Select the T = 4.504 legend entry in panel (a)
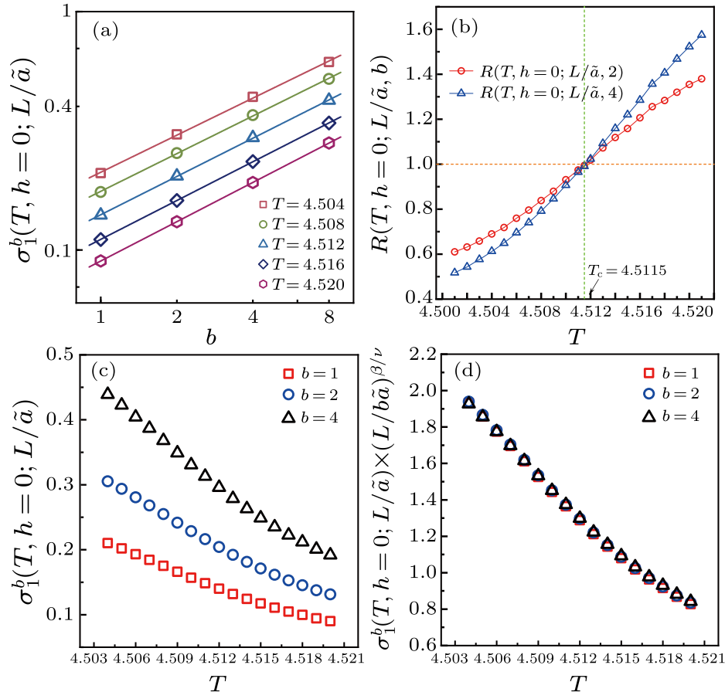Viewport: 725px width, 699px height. [x=302, y=204]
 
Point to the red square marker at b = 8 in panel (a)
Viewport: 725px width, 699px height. [x=328, y=62]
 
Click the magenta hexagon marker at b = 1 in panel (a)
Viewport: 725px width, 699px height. [x=100, y=261]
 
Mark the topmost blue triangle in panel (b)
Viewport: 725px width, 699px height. [x=702, y=35]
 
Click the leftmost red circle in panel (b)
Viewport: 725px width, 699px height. [x=454, y=252]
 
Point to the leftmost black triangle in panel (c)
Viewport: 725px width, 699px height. [x=108, y=393]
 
